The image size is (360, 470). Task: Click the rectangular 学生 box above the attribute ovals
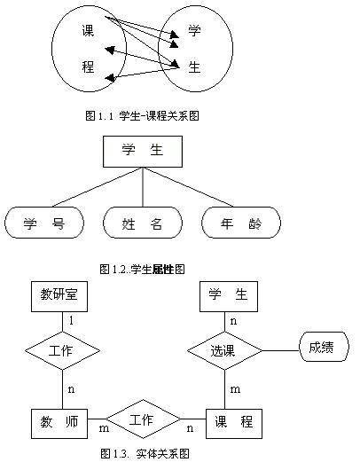pos(143,152)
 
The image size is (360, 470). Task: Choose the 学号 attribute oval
pos(43,223)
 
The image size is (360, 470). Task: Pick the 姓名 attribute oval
pos(143,223)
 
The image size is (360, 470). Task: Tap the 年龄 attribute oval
pos(241,223)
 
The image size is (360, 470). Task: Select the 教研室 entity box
pos(59,294)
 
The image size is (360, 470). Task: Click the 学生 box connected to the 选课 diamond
pos(228,294)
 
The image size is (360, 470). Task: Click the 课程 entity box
pos(233,421)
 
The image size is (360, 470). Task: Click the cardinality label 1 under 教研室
pos(71,318)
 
